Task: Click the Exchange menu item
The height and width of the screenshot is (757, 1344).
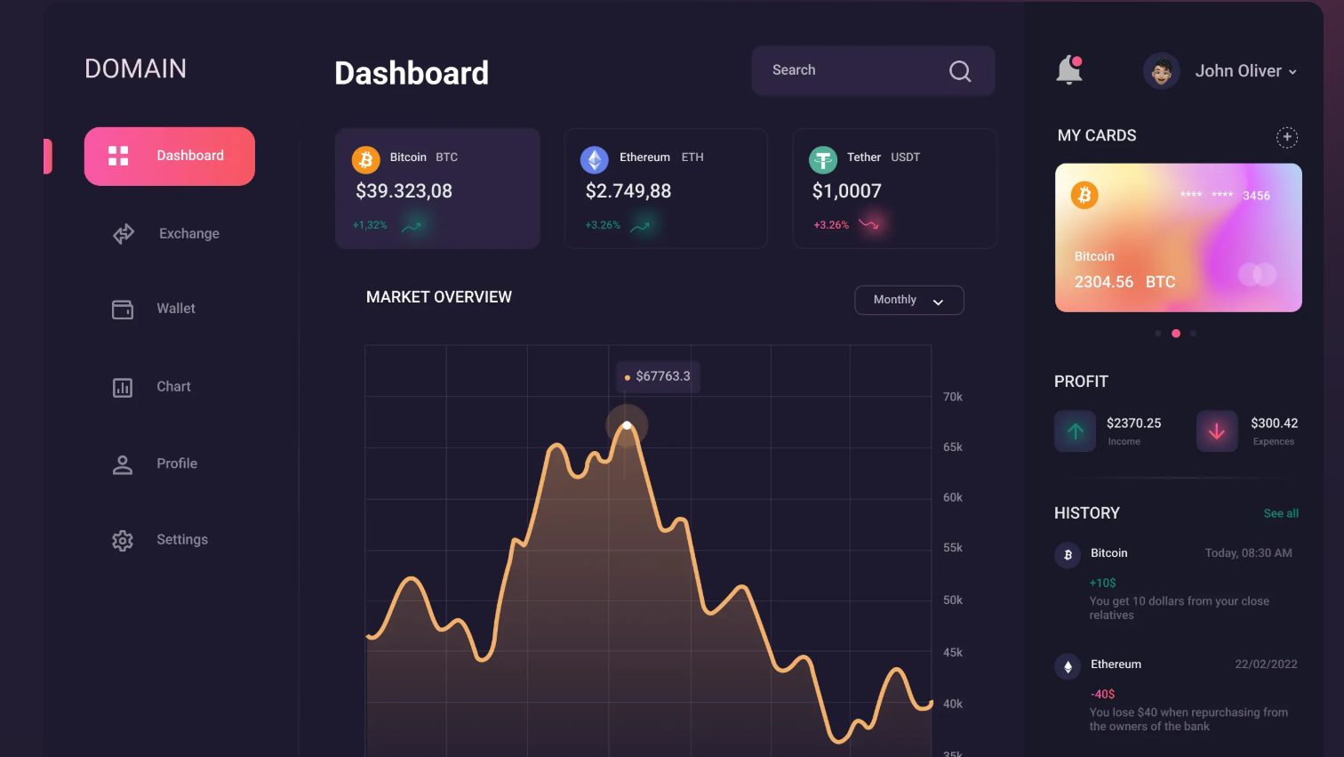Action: coord(188,234)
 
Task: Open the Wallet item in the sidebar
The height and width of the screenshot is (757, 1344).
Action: coord(175,309)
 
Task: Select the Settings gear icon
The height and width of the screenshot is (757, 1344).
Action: coord(123,540)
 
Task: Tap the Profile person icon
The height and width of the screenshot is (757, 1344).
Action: coord(123,464)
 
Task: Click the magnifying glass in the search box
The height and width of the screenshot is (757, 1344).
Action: coord(960,71)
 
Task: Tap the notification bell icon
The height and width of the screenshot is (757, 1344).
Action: coord(1068,70)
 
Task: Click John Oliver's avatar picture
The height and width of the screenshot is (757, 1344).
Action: coord(1161,71)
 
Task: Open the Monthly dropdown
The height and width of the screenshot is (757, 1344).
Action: coord(908,301)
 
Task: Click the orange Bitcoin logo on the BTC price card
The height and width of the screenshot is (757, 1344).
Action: coord(365,159)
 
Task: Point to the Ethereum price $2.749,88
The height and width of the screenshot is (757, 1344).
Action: coord(628,191)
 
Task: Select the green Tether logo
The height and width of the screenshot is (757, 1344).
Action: coord(823,160)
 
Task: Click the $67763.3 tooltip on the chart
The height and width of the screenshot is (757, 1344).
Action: coord(659,376)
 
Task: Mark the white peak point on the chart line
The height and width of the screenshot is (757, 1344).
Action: coord(627,425)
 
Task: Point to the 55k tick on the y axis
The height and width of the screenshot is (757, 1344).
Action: coord(953,548)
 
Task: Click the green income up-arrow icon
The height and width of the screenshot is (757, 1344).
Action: coord(1075,431)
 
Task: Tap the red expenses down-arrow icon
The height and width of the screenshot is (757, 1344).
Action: coord(1217,431)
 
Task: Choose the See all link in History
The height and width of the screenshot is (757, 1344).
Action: coord(1281,513)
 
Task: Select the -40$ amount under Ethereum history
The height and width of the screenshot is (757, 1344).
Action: coord(1102,694)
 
